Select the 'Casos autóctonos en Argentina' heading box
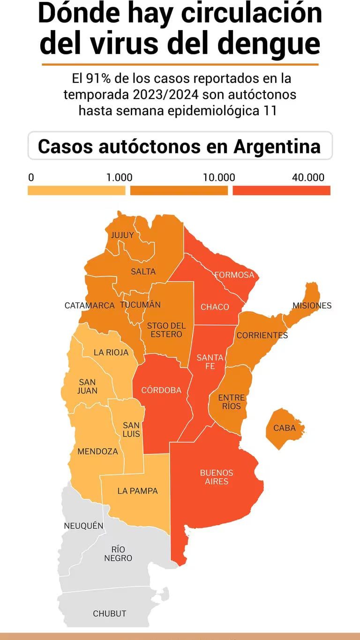point(180,146)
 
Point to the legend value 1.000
point(119,178)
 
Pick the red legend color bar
point(281,190)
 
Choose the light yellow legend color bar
point(76,190)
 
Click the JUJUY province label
point(122,235)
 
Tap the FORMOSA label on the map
point(234,275)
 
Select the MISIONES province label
point(312,306)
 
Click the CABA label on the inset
point(285,428)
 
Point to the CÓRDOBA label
point(161,390)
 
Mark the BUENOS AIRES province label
point(217,477)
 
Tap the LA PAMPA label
point(137,491)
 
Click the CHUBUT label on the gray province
point(109,613)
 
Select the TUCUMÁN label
point(140,305)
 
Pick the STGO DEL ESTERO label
point(166,330)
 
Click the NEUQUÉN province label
point(83,526)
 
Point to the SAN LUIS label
point(131,429)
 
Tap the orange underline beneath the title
point(180,64)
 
